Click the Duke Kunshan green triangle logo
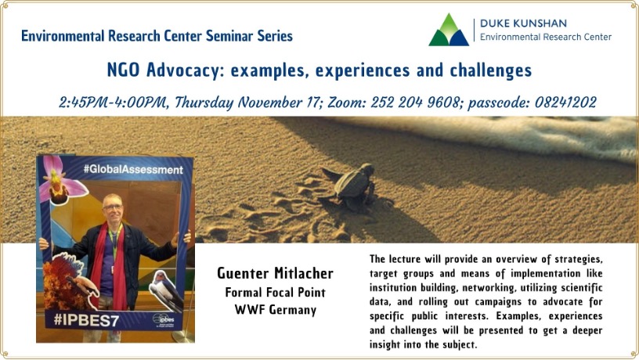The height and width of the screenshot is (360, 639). click(449, 31)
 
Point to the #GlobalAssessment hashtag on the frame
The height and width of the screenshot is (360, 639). click(133, 169)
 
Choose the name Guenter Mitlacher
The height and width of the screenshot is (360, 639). click(275, 273)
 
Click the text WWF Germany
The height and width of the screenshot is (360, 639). click(275, 309)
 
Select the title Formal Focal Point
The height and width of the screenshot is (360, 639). click(275, 292)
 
